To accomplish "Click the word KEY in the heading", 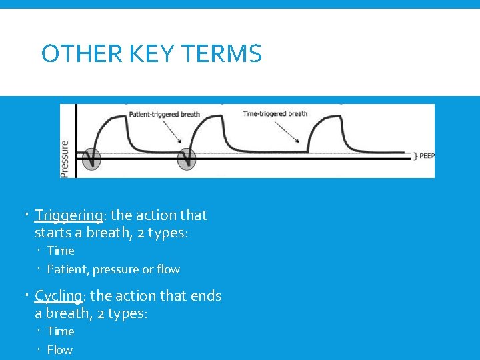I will [153, 54].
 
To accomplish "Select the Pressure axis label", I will [65, 158].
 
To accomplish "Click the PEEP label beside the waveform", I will [427, 156].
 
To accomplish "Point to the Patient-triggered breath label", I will [163, 114].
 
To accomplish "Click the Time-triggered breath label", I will [274, 114].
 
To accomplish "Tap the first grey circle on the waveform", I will [91, 159].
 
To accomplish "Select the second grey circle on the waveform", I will [187, 159].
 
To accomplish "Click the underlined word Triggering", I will [69, 215].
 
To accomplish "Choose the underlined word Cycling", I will [57, 296].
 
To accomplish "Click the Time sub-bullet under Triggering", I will [61, 251].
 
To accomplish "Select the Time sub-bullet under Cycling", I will [61, 331].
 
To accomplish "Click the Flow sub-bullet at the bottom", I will [60, 349].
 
